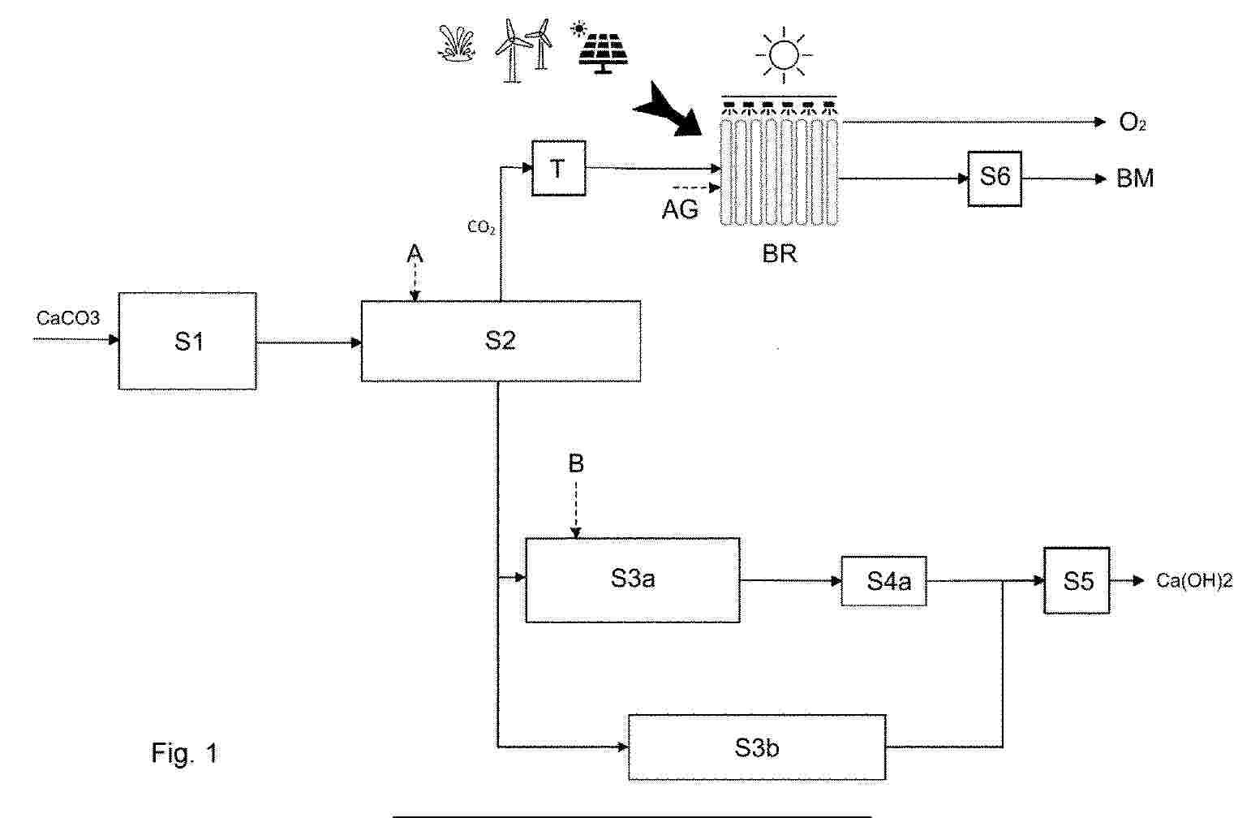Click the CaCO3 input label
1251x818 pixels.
pos(67,318)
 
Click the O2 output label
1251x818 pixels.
pos(1133,123)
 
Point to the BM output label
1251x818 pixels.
pos(1135,179)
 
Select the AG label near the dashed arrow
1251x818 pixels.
pos(680,209)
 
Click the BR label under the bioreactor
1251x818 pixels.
pos(780,254)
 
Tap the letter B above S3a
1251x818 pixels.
pos(576,463)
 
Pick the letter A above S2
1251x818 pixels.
pos(415,254)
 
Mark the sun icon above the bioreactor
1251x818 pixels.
pos(784,54)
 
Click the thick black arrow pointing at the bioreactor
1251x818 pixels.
pos(670,110)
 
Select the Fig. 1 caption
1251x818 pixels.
pos(184,753)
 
